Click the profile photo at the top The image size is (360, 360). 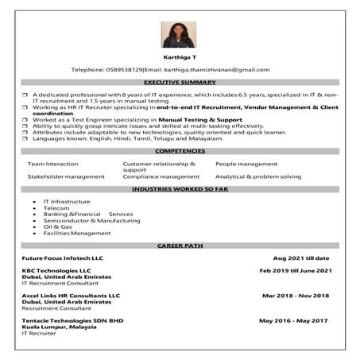pos(180,34)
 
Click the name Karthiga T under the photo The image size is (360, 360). pos(180,58)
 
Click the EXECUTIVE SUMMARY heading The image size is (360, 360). pos(180,83)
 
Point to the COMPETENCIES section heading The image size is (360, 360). pos(180,151)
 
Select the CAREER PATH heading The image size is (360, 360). pos(180,246)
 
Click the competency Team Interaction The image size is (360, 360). pos(53,163)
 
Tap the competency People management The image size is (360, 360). pos(246,163)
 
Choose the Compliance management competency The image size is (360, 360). pos(161,176)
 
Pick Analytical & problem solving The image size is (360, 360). pos(258,176)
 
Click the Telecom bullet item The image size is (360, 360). pos(56,208)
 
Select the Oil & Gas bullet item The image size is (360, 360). pos(58,226)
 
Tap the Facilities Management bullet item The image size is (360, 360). pos(77,233)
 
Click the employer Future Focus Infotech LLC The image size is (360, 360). pos(63,258)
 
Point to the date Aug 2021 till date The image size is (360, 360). pos(301,258)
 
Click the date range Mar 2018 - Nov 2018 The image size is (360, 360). pos(296,295)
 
